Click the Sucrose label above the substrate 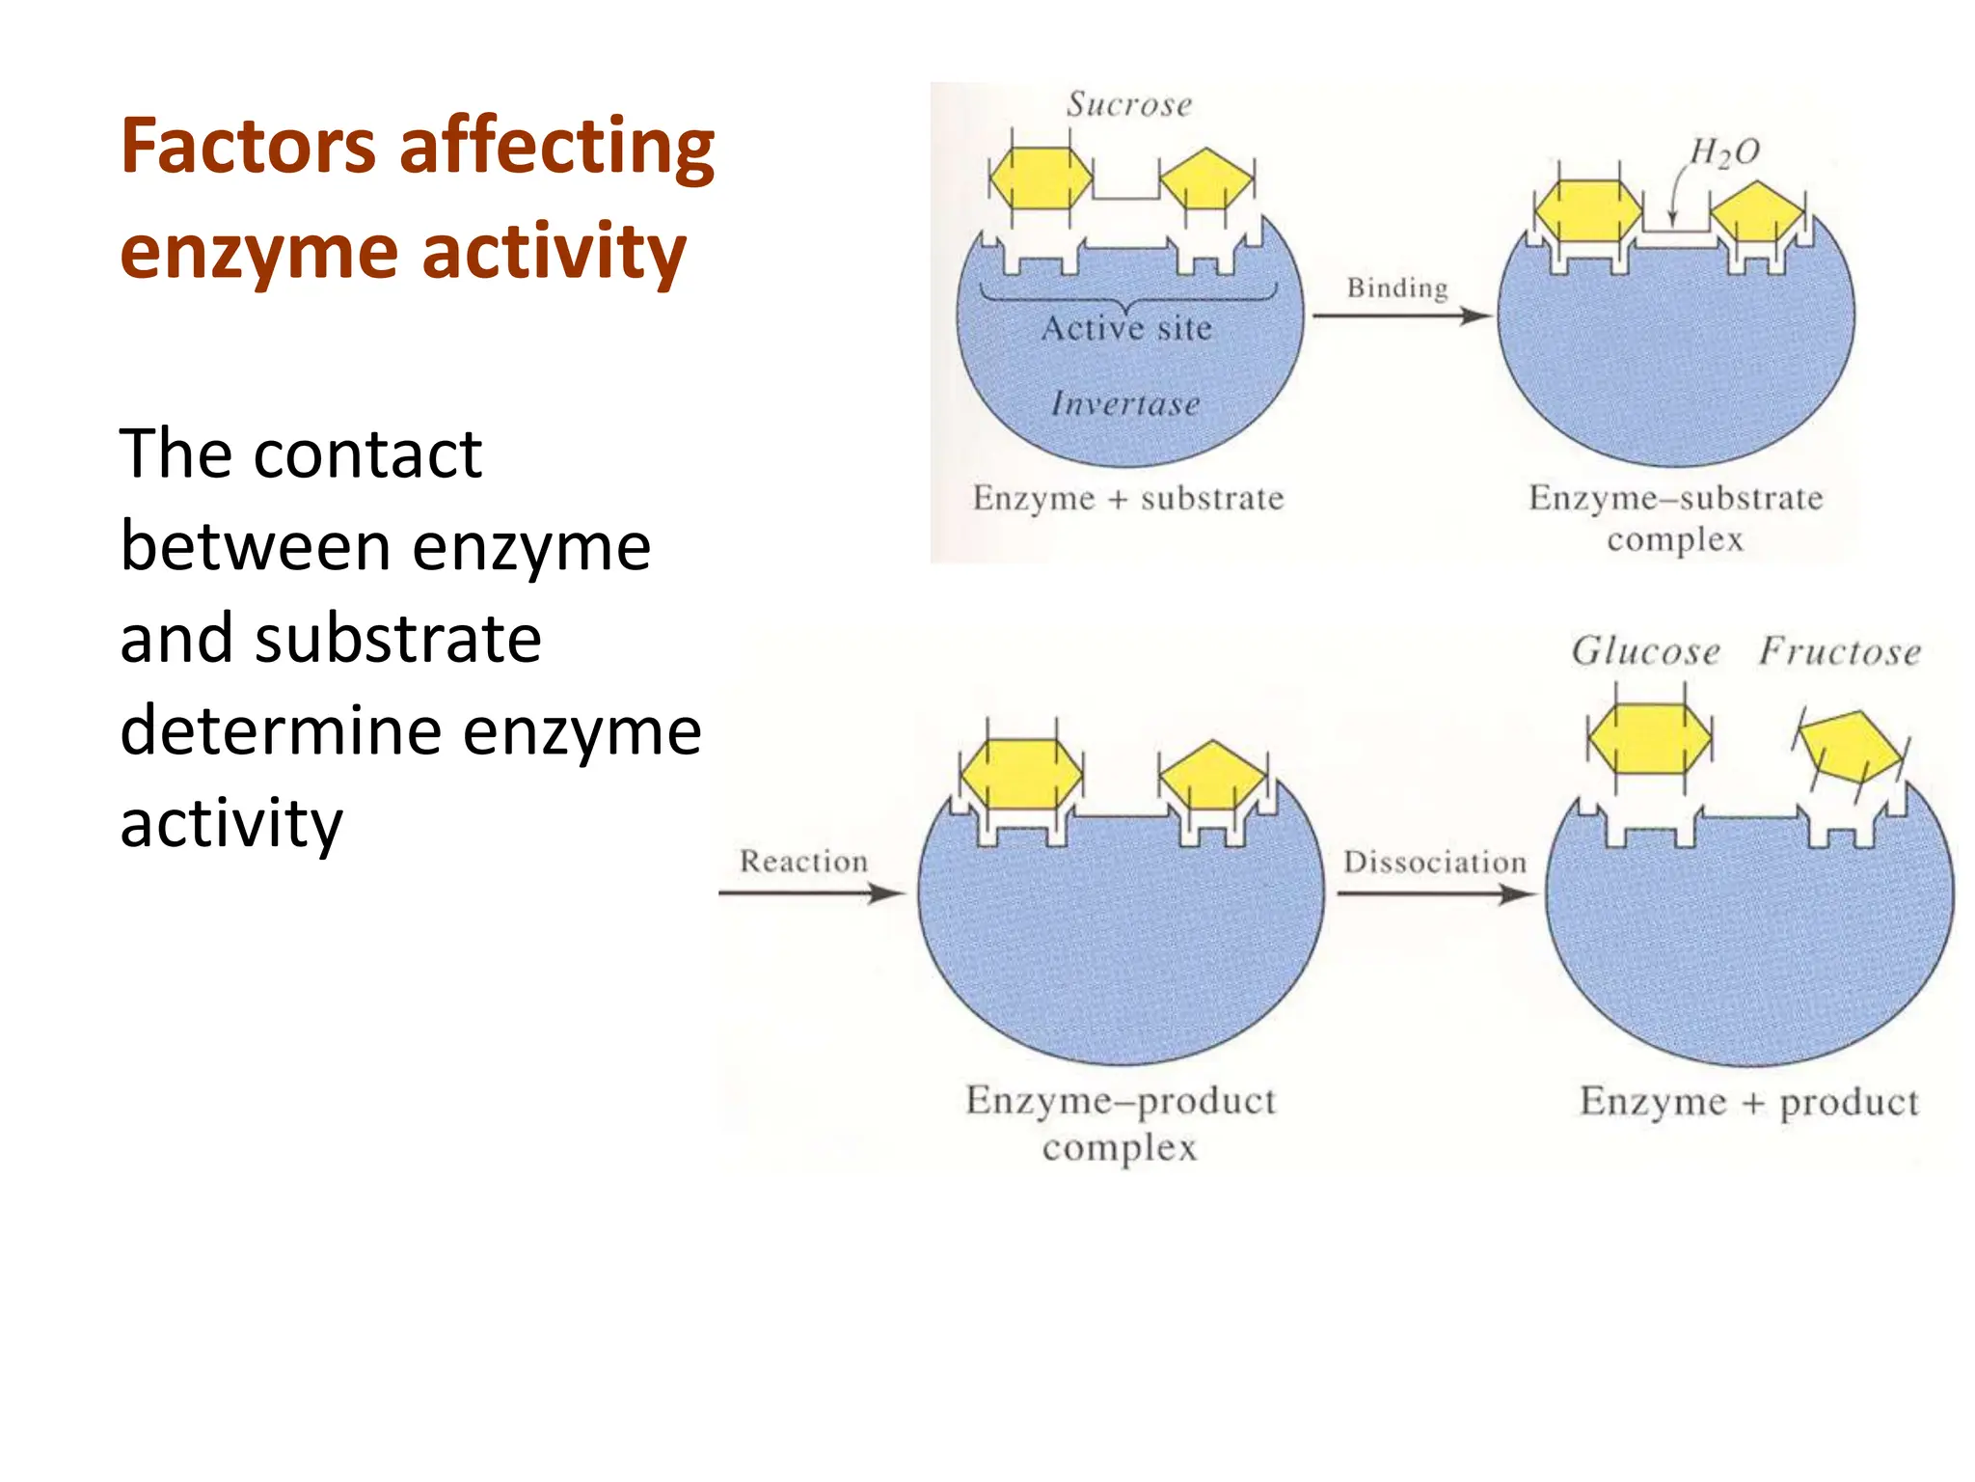(1129, 104)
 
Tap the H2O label (1724, 152)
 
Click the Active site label (1126, 329)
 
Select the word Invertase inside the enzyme (1125, 403)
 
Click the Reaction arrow (810, 893)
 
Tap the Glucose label (1646, 651)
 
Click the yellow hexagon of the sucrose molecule (1042, 178)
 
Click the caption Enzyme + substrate (1128, 498)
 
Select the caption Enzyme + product (1748, 1101)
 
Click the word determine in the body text (281, 730)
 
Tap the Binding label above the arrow (1397, 288)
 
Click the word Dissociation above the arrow (1435, 862)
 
